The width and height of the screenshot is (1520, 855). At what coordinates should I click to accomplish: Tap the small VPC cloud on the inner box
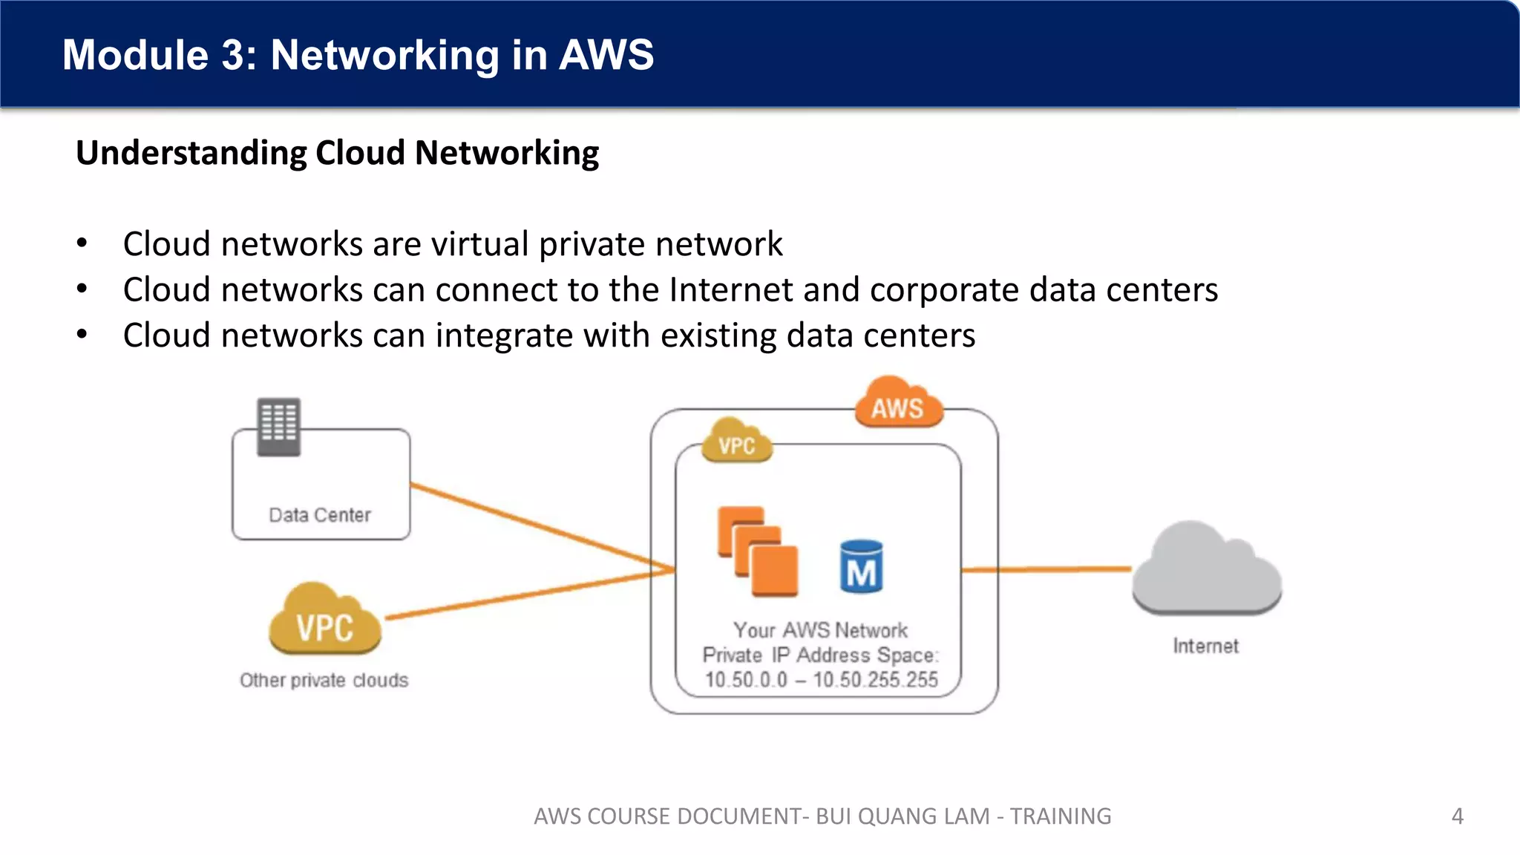point(736,443)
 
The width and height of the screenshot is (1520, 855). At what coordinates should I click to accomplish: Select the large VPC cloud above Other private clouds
point(325,622)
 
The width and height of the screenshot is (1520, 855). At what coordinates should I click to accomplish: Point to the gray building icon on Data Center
point(278,427)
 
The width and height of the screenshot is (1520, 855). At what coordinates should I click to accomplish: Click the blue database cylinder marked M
point(861,567)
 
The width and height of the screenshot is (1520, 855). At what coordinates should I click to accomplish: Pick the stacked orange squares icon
point(757,551)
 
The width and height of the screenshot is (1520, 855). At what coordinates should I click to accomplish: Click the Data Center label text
point(320,515)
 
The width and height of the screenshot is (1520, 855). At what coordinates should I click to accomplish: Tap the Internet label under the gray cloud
point(1205,646)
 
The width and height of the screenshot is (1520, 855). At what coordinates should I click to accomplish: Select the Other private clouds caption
point(324,681)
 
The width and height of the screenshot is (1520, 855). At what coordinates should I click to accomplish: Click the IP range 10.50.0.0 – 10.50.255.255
point(821,680)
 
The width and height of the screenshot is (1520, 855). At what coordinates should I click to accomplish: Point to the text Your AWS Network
point(820,630)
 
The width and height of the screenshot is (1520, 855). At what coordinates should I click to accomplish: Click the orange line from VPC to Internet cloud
point(1046,569)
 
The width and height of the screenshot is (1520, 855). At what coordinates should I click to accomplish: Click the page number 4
point(1457,816)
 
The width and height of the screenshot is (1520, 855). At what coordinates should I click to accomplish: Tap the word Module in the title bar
point(135,55)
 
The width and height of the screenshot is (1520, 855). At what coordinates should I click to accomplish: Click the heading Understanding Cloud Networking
point(337,153)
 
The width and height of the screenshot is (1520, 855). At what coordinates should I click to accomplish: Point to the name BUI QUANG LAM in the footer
point(902,816)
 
